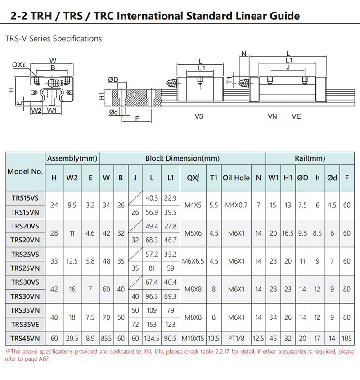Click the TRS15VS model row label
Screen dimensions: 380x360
(x=25, y=198)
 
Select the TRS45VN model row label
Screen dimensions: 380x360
(x=25, y=338)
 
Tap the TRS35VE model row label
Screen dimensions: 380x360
(x=25, y=324)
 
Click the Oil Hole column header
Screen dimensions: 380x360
(x=236, y=178)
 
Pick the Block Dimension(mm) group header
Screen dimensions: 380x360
(x=182, y=158)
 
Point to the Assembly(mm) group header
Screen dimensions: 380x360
(x=72, y=158)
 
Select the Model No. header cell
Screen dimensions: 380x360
(x=25, y=171)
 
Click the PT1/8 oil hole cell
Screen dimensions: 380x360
(x=236, y=338)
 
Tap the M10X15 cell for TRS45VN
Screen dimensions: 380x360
(x=193, y=338)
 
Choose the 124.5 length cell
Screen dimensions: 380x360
(x=152, y=338)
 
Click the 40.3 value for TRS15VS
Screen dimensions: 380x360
(x=152, y=198)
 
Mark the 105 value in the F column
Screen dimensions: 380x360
(x=346, y=338)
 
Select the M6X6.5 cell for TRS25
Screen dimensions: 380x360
(x=193, y=261)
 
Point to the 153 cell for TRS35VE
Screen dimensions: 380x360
(x=152, y=324)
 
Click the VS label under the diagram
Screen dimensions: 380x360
(x=199, y=116)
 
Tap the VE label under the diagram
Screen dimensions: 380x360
(x=296, y=116)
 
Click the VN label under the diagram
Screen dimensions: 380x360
(x=272, y=116)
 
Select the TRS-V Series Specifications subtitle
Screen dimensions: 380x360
(x=53, y=39)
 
